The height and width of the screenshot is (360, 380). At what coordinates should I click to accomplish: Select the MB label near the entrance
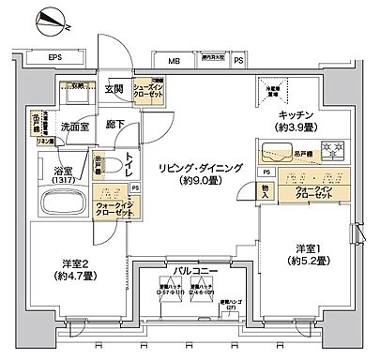click(x=174, y=64)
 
